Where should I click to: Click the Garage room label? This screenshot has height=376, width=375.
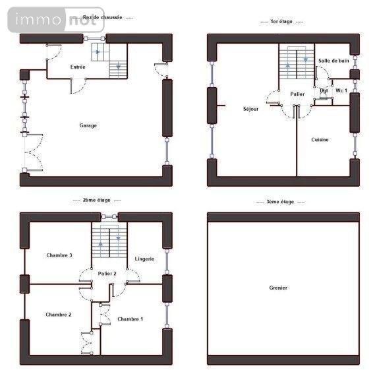[x=88, y=125]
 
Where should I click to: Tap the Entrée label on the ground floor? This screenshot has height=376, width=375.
[x=78, y=67]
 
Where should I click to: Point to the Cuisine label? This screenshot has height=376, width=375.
[x=320, y=140]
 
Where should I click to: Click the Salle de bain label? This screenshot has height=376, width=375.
[x=333, y=61]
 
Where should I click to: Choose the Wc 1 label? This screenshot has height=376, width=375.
[x=341, y=90]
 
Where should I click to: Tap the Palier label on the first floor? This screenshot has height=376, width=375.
[x=297, y=94]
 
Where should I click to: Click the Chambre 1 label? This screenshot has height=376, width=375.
[x=130, y=319]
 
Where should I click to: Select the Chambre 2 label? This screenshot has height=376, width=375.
[x=59, y=315]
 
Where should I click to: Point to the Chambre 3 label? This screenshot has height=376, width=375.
[x=59, y=255]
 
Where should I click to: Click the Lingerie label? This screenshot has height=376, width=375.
[x=144, y=259]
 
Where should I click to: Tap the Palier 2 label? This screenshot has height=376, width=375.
[x=107, y=273]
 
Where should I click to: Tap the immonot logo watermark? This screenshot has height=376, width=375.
[x=56, y=20]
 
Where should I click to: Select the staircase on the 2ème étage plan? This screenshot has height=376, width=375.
[x=109, y=242]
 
